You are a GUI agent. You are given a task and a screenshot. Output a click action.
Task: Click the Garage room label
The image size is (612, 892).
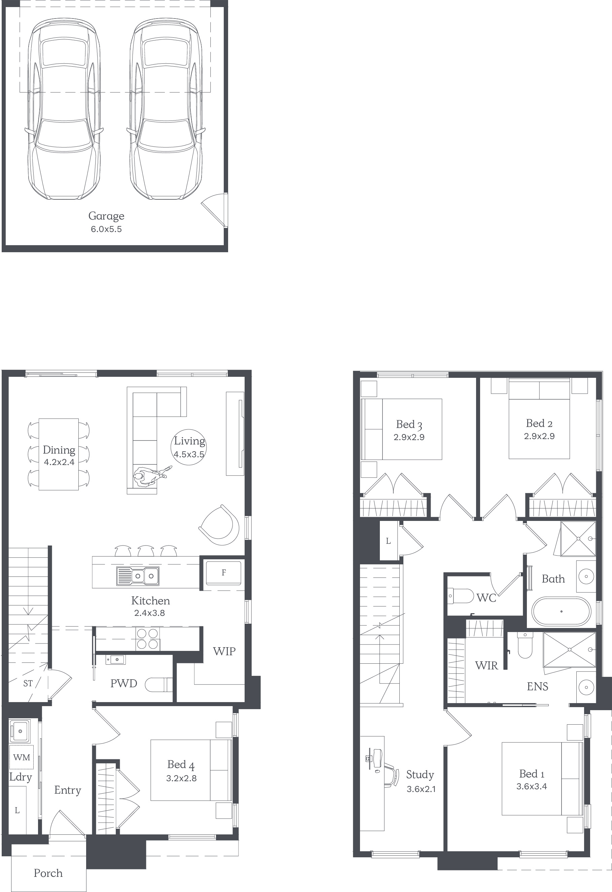click(x=106, y=216)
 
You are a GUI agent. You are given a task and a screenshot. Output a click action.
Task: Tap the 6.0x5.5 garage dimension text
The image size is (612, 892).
click(x=106, y=229)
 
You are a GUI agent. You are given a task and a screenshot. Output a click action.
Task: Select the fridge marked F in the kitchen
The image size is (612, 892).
click(x=223, y=573)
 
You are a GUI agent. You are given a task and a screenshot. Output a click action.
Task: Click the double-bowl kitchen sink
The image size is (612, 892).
click(x=138, y=576)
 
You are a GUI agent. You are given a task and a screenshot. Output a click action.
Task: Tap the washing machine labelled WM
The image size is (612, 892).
click(x=22, y=757)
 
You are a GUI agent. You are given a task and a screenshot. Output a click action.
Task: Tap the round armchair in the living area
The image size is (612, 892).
click(x=219, y=525)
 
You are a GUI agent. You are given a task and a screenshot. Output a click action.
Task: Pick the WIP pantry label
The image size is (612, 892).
click(x=224, y=651)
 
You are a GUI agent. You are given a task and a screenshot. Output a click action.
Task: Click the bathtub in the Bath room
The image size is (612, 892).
click(x=562, y=611)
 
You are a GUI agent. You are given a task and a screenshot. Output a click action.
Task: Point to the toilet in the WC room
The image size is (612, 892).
click(x=461, y=596)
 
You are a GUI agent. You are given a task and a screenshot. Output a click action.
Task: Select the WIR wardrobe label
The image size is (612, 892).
click(x=487, y=665)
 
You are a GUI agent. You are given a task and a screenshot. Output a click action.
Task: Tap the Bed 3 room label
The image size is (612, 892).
click(x=409, y=425)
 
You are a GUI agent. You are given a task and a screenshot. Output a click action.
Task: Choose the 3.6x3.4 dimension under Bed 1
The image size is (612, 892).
click(x=532, y=787)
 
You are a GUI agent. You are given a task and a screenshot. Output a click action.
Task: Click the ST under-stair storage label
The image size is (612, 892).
click(x=28, y=683)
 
